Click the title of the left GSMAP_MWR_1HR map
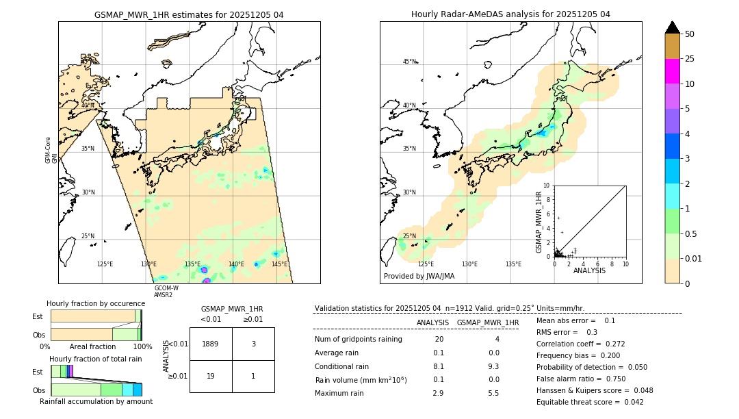(189, 14)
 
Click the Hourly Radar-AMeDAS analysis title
(510, 14)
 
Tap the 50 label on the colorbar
(690, 34)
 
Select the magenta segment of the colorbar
(672, 71)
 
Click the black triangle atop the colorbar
(672, 27)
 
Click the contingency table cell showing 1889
(211, 344)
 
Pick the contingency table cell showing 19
(211, 376)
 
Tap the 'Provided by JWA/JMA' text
(419, 277)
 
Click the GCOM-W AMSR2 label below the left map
(166, 292)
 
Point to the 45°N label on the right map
(409, 62)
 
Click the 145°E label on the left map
(279, 264)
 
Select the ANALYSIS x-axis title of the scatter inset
(589, 270)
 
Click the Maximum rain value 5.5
(493, 393)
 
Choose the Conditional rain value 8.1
(439, 366)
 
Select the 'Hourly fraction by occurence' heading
(96, 303)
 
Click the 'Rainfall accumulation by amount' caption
(96, 401)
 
